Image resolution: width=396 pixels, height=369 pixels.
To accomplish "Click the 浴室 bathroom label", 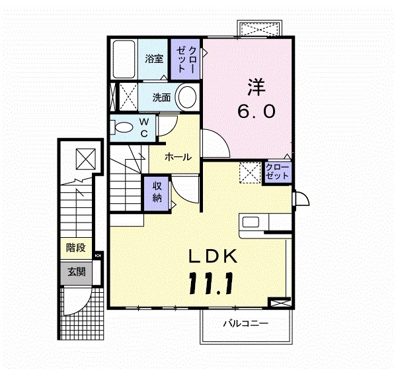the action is [x=154, y=58].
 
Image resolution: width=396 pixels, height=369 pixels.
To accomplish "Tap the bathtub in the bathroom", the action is [x=124, y=59].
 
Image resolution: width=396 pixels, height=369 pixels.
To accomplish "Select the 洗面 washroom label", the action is [x=161, y=97].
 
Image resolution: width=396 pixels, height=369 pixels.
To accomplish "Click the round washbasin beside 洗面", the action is [x=187, y=97].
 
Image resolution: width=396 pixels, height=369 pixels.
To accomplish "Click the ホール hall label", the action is [x=178, y=157].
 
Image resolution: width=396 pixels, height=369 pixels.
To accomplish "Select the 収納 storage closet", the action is [x=157, y=193].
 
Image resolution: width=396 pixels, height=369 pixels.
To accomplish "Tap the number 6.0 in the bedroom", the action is [x=256, y=111].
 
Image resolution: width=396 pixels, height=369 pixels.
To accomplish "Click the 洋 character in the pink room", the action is [x=256, y=87].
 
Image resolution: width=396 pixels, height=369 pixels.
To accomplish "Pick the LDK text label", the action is [x=213, y=256].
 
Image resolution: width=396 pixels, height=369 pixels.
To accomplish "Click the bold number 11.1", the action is [x=211, y=283].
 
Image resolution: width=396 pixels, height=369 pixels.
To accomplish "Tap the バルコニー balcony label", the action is [x=245, y=323].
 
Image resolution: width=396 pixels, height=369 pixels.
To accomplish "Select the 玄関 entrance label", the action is [x=76, y=272].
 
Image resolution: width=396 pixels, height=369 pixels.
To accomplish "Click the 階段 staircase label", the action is [x=76, y=248].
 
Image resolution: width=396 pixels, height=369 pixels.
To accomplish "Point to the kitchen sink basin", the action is [x=251, y=223].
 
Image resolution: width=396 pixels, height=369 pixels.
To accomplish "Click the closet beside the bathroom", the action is [x=185, y=59].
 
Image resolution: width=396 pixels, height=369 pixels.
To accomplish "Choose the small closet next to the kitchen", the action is [x=277, y=172].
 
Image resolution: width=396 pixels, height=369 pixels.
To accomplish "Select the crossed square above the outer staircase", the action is [x=86, y=159].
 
